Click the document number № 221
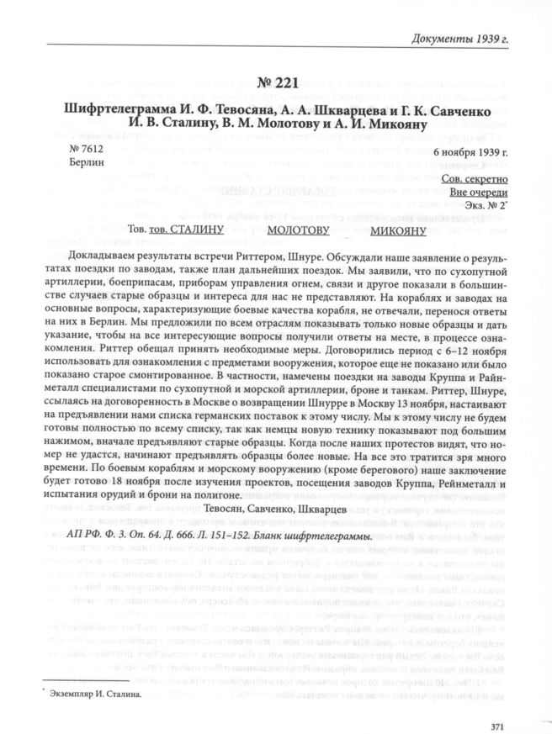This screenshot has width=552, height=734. (275, 86)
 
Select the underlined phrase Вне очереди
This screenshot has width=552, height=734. (478, 193)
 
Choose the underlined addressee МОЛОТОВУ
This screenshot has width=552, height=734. (298, 229)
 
